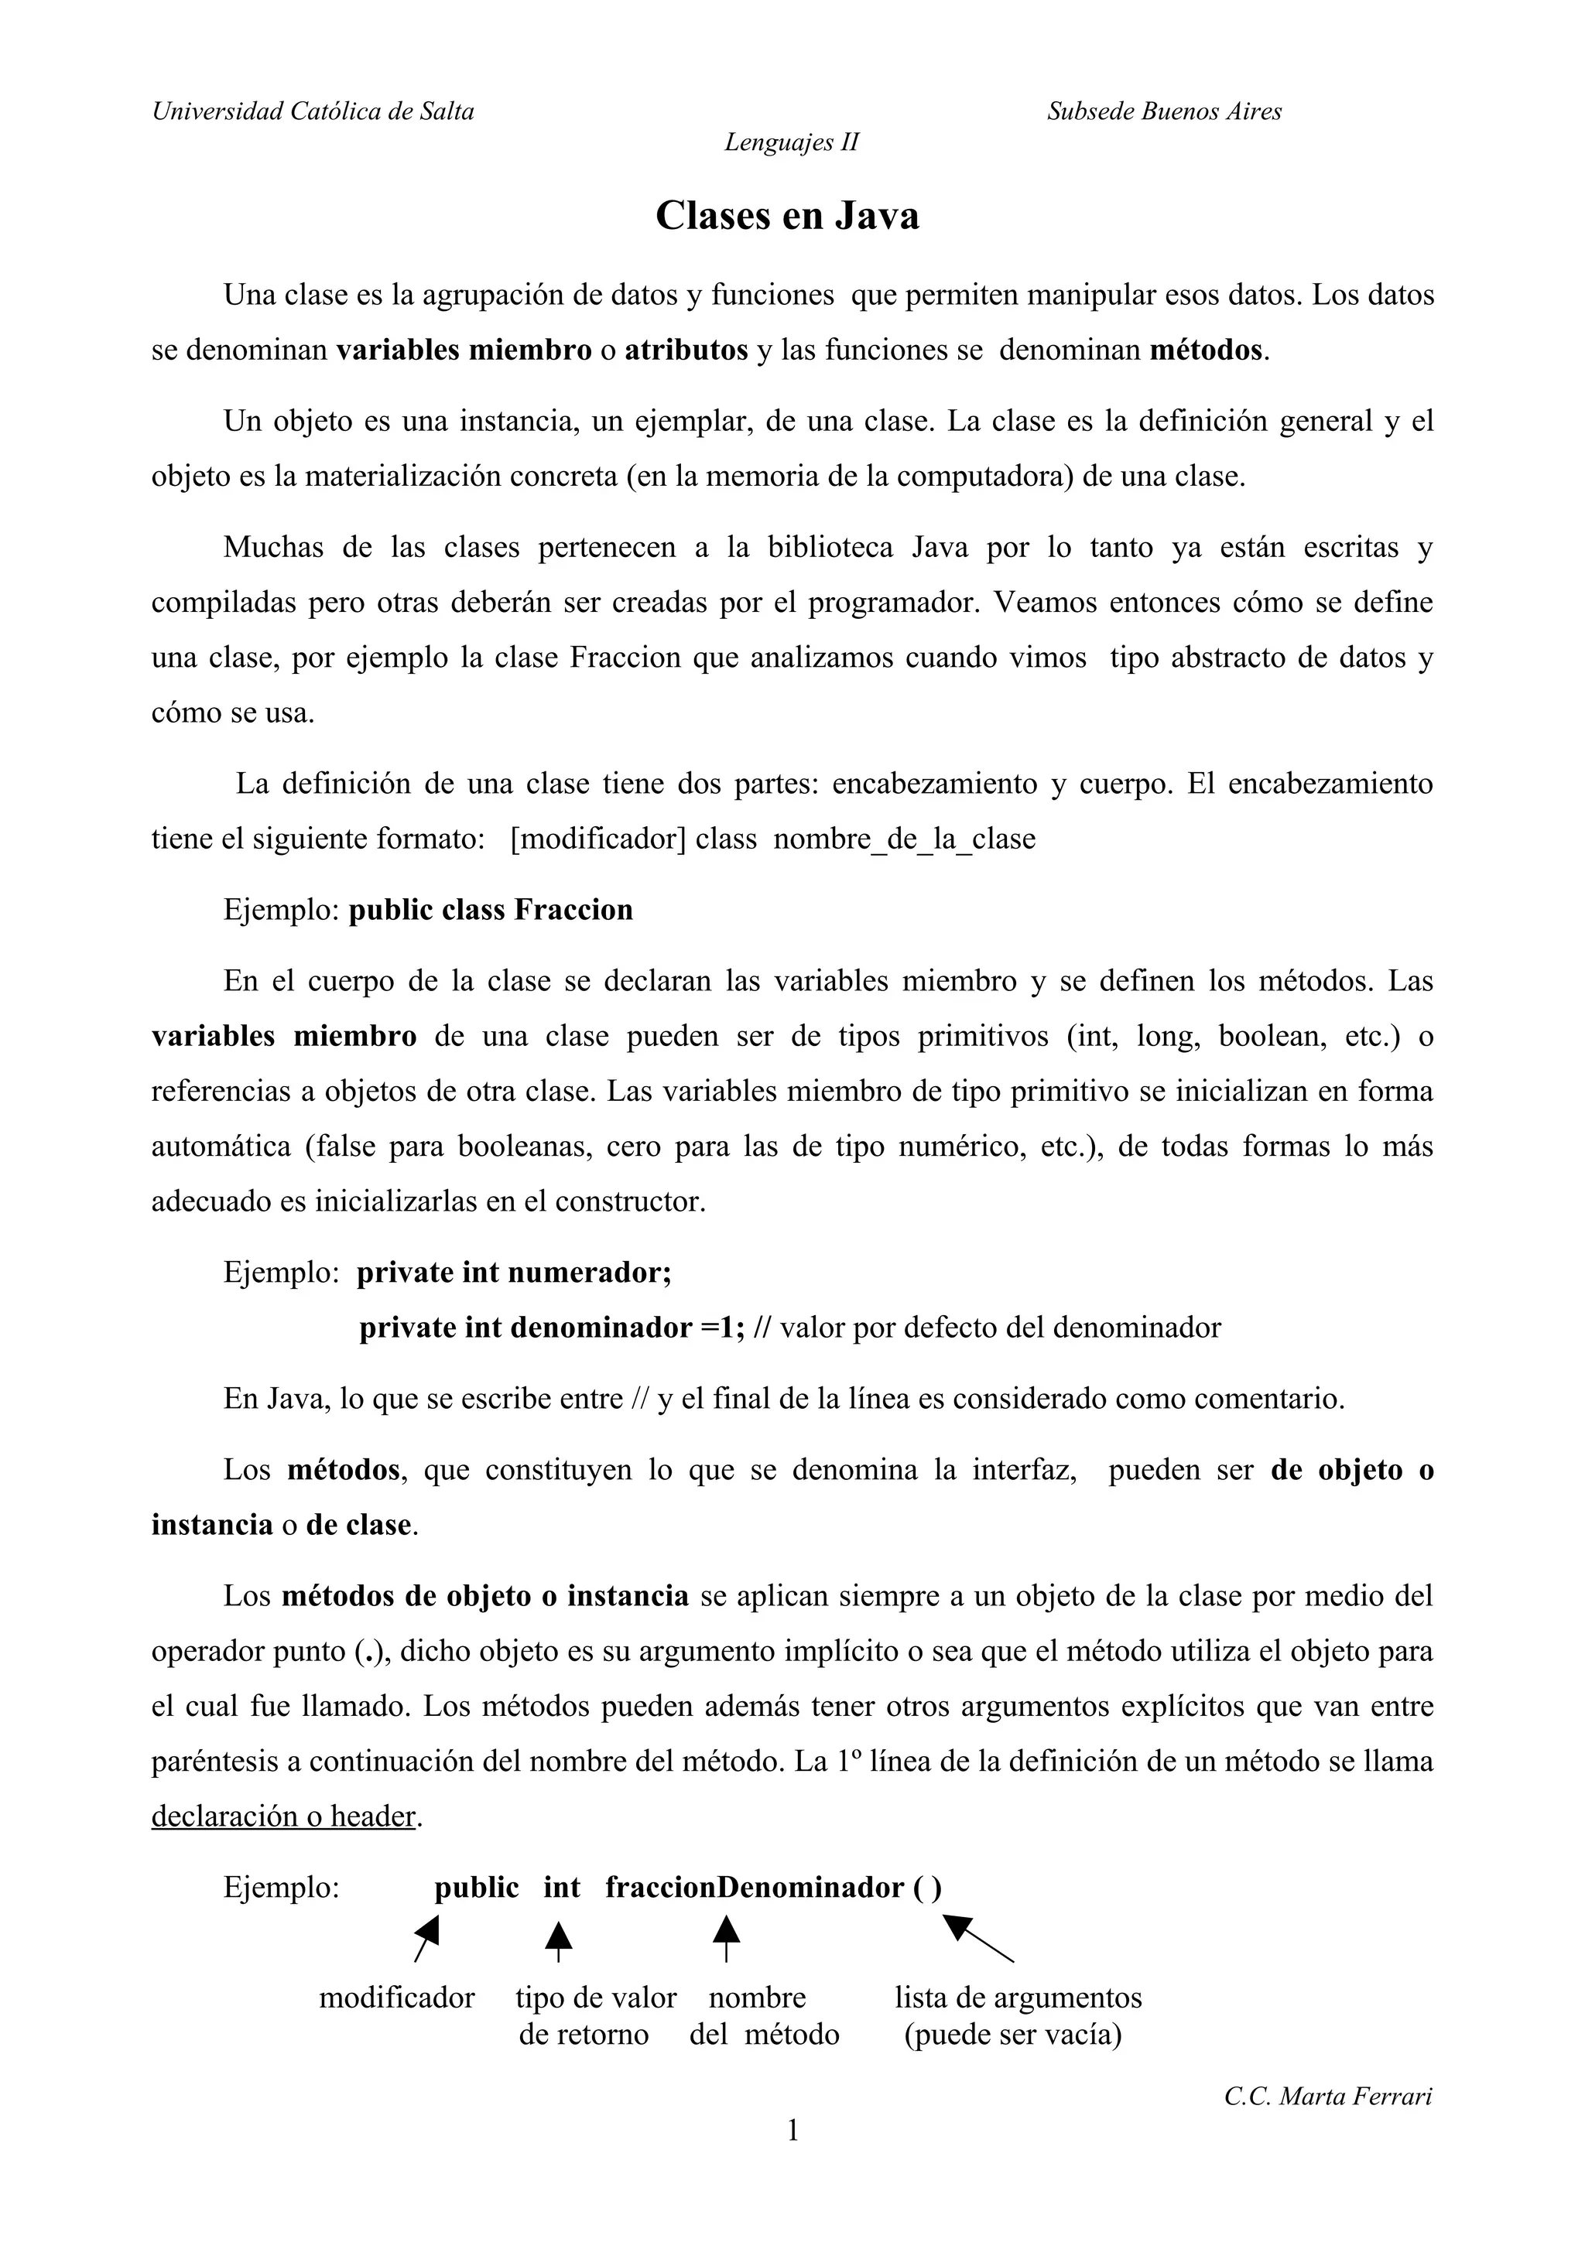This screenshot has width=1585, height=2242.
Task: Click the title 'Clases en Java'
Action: [787, 216]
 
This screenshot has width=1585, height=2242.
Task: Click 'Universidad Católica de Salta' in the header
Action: [313, 111]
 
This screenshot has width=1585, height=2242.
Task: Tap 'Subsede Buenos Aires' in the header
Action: [1164, 111]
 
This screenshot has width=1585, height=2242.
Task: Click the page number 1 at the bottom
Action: [792, 2130]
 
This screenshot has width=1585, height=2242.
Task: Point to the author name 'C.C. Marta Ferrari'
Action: [1328, 2096]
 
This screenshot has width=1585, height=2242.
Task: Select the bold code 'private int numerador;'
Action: [514, 1273]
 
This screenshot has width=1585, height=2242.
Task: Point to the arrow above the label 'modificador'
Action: [426, 1937]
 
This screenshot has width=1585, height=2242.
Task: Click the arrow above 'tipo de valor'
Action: [558, 1940]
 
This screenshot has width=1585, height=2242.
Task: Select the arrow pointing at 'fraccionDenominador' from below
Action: [726, 1938]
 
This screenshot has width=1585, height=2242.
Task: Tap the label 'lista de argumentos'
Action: [1018, 1997]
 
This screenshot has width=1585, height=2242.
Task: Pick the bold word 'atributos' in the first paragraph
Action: [686, 350]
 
